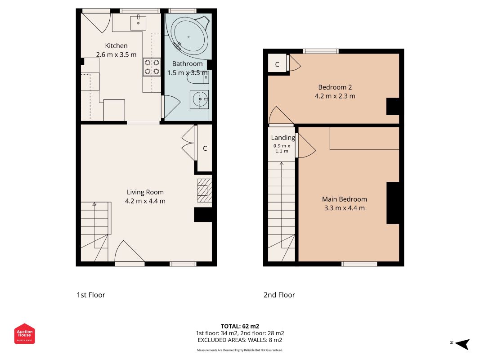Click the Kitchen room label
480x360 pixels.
[116, 45]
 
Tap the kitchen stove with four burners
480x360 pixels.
[152, 67]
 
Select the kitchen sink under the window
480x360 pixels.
[139, 20]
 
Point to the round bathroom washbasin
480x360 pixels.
[199, 99]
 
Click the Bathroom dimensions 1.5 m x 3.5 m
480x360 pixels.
[188, 72]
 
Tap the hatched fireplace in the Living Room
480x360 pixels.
[205, 190]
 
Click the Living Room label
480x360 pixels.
[145, 192]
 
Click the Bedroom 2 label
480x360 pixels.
[335, 87]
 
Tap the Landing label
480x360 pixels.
[283, 138]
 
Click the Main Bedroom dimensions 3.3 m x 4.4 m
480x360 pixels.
[344, 208]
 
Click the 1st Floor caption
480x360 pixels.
[90, 295]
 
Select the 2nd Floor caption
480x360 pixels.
[279, 295]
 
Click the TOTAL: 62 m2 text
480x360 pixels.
[240, 326]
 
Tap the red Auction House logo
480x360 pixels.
[24, 333]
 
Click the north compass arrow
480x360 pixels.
[462, 344]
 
